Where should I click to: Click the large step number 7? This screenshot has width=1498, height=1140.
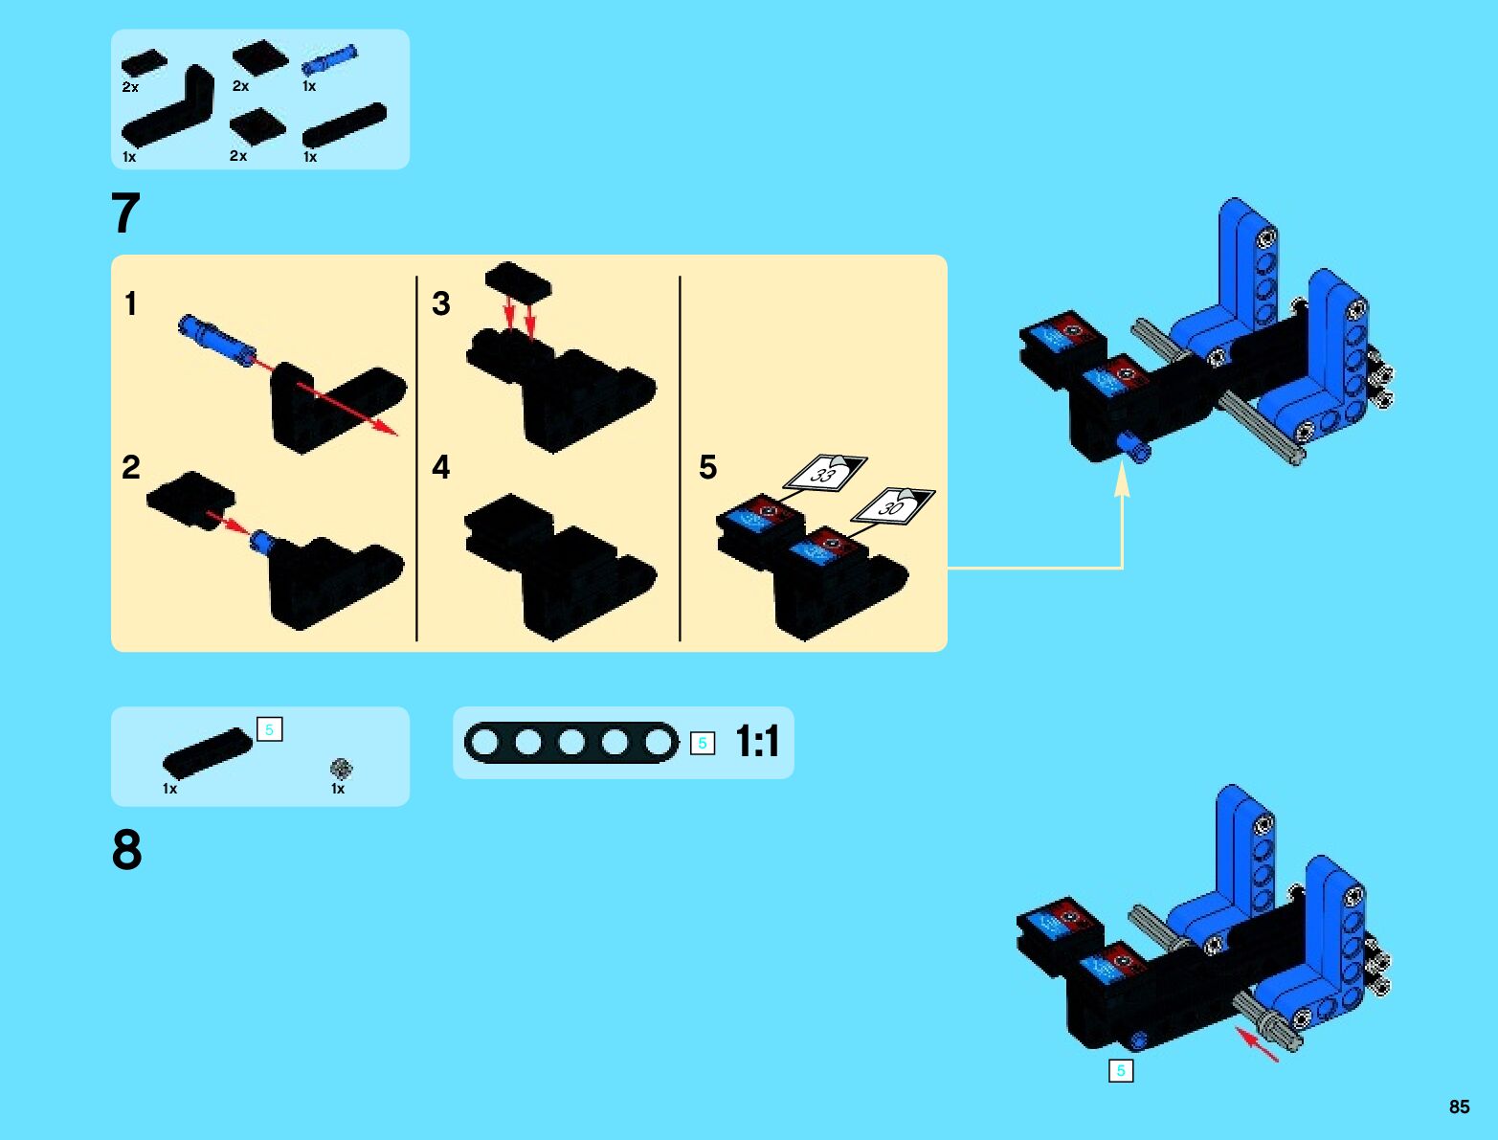pyautogui.click(x=126, y=212)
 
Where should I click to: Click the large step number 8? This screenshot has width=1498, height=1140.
pyautogui.click(x=126, y=849)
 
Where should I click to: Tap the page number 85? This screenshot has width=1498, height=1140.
pyautogui.click(x=1459, y=1106)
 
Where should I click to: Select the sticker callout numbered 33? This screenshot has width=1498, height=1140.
pyautogui.click(x=825, y=472)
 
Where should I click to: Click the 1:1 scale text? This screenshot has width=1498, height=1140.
pyautogui.click(x=757, y=742)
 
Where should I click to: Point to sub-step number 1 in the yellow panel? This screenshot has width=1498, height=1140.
pyautogui.click(x=131, y=304)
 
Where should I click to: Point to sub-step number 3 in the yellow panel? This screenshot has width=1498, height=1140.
pyautogui.click(x=440, y=304)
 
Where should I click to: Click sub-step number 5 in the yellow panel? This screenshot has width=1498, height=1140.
pyautogui.click(x=707, y=467)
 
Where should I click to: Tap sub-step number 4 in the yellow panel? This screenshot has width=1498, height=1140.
pyautogui.click(x=440, y=467)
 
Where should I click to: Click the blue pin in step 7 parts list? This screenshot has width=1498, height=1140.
pyautogui.click(x=329, y=60)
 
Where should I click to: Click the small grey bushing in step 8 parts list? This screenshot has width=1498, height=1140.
pyautogui.click(x=341, y=768)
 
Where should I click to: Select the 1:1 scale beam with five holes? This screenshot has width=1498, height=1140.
pyautogui.click(x=570, y=743)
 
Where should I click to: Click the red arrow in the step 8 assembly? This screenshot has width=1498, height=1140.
pyautogui.click(x=1257, y=1043)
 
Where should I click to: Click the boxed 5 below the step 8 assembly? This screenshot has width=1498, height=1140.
pyautogui.click(x=1120, y=1070)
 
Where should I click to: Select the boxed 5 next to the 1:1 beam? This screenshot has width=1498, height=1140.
pyautogui.click(x=703, y=743)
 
